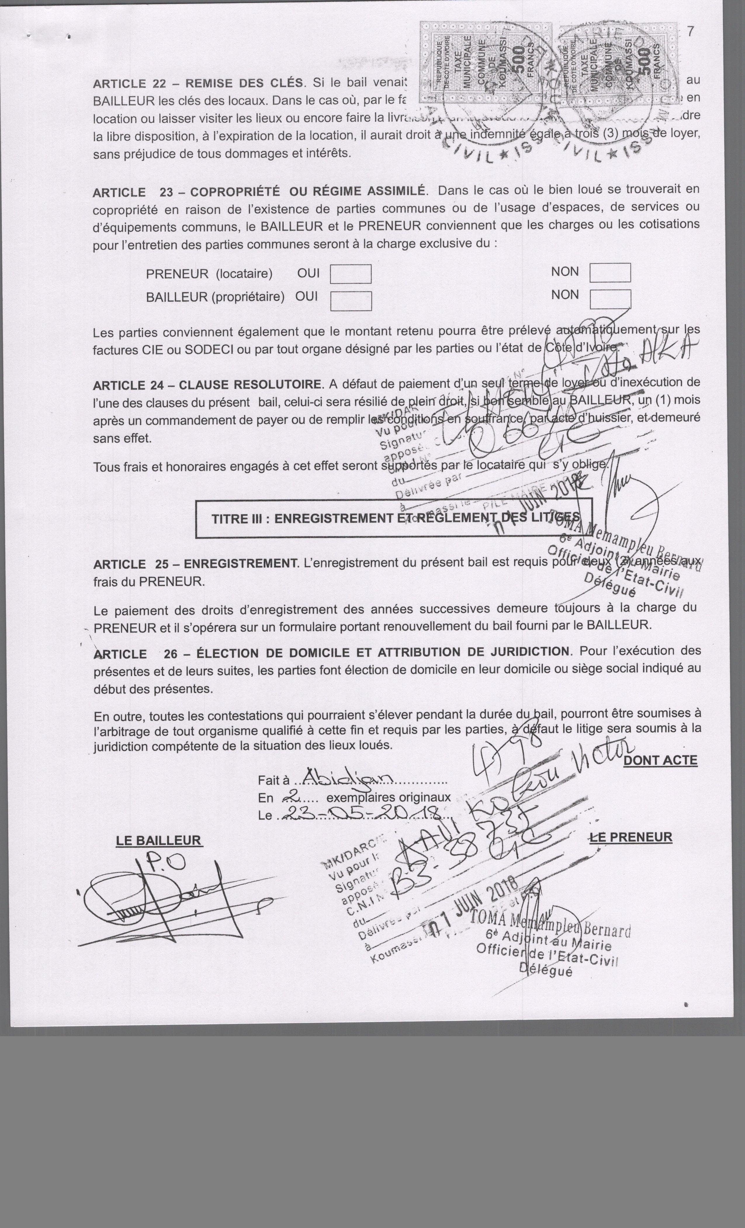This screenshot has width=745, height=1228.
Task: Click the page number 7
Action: click(x=690, y=31)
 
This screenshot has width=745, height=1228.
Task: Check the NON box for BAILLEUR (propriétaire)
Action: click(x=610, y=299)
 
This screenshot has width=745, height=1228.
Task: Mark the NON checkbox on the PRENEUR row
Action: click(x=610, y=272)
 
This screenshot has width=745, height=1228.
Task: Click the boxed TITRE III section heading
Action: click(x=394, y=518)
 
